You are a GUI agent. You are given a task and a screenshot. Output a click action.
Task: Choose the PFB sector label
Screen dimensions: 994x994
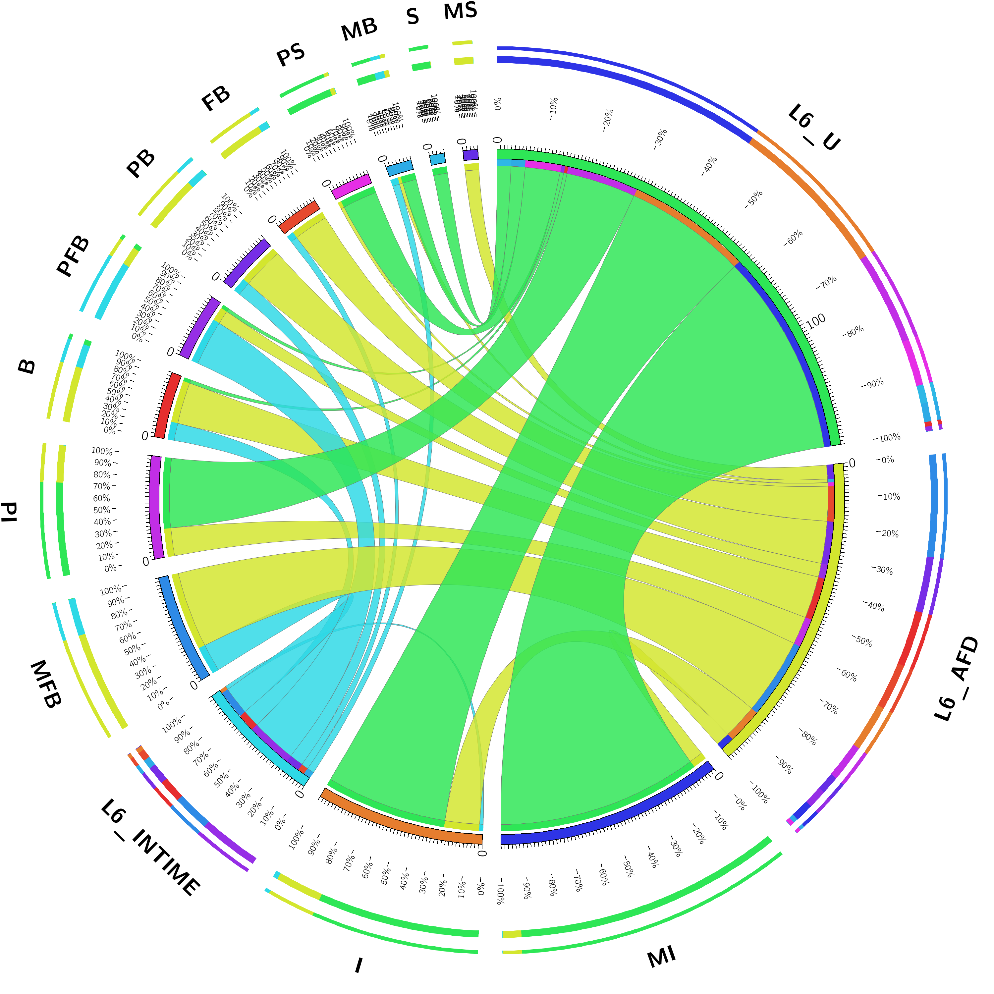73,256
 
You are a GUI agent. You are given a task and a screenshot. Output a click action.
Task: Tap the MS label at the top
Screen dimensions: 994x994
461,11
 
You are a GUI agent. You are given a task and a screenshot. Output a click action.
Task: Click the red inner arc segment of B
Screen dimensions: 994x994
168,406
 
